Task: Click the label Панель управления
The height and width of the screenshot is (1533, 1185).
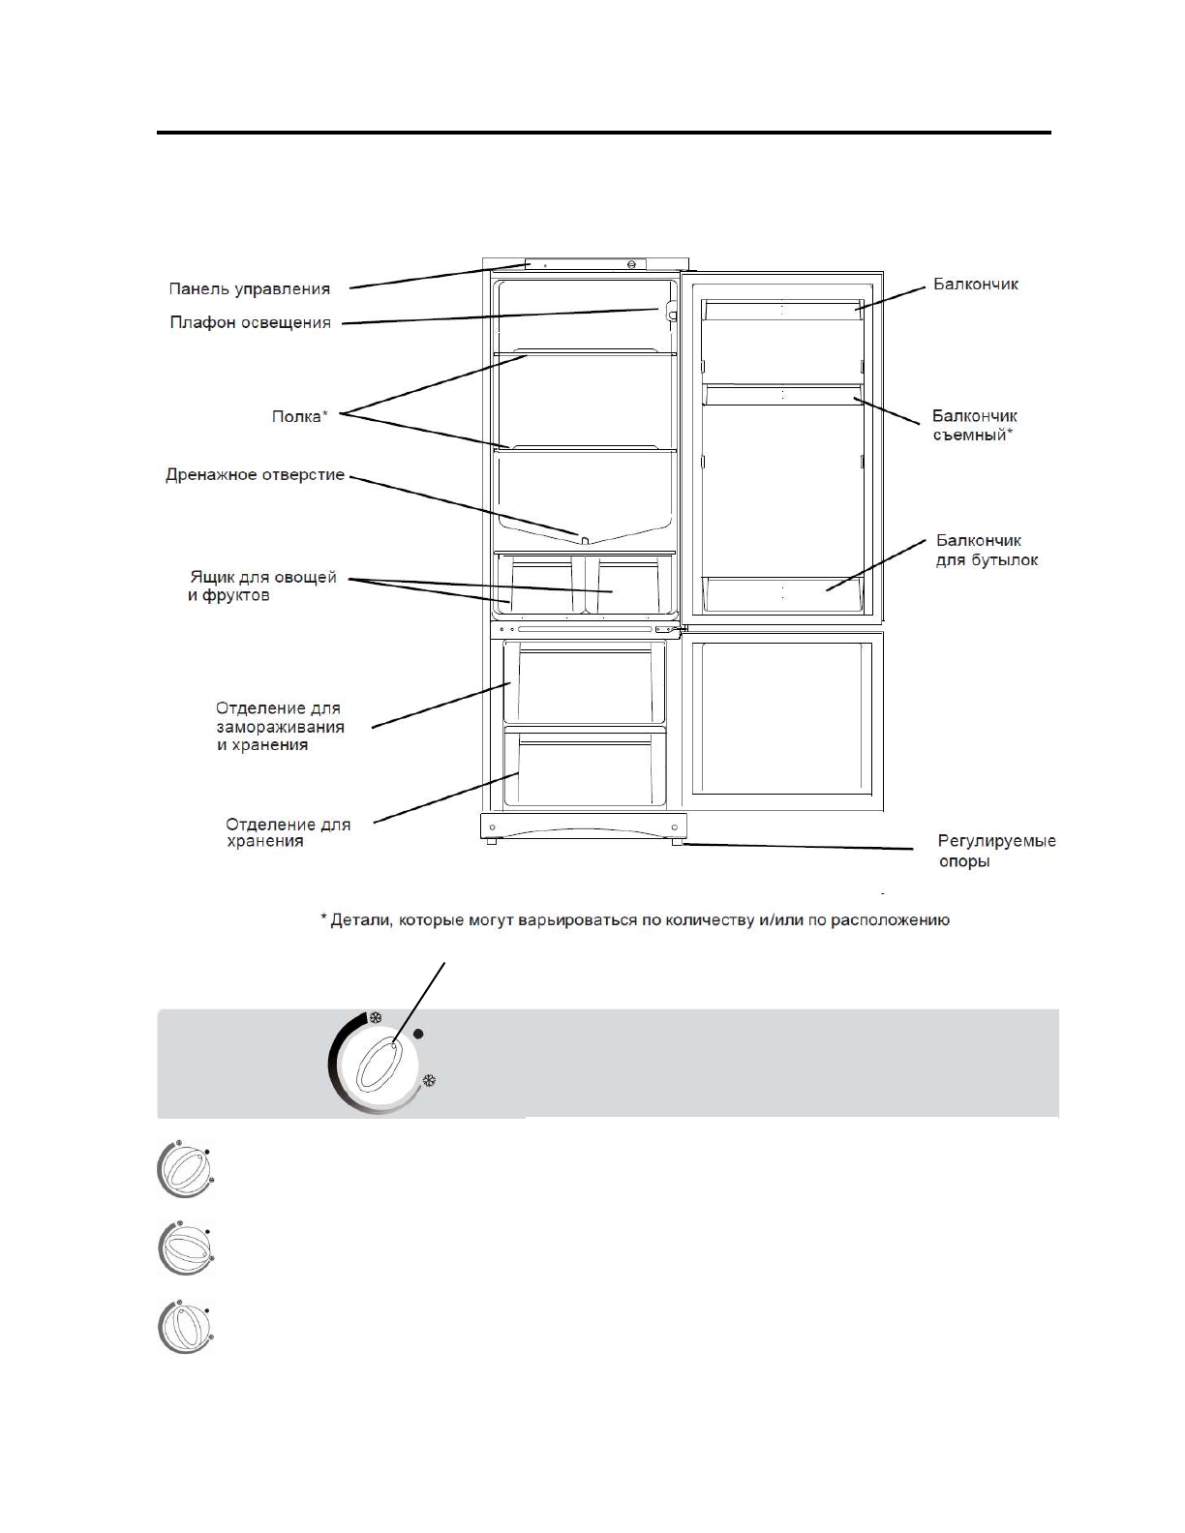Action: pyautogui.click(x=249, y=288)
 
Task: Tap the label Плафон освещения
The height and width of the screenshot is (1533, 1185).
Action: pyautogui.click(x=251, y=323)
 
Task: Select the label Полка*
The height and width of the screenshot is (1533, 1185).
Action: pyautogui.click(x=299, y=417)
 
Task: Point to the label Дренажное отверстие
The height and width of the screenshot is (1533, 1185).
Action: pyautogui.click(x=255, y=475)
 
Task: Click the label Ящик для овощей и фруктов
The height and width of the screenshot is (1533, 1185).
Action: pyautogui.click(x=261, y=586)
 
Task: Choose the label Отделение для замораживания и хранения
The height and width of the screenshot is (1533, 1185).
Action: pyautogui.click(x=279, y=727)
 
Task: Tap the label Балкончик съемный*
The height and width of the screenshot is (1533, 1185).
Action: pyautogui.click(x=975, y=425)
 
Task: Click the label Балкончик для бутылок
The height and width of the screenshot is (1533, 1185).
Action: pyautogui.click(x=987, y=550)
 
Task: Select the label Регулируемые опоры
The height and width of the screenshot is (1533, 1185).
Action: pyautogui.click(x=996, y=851)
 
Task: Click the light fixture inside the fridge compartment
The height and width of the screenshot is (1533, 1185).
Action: pyautogui.click(x=668, y=310)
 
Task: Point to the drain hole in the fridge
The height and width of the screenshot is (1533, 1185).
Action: pyautogui.click(x=584, y=539)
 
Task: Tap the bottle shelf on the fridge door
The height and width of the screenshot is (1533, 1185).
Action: pyautogui.click(x=781, y=593)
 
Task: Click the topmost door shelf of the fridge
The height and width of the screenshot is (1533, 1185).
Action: pyautogui.click(x=781, y=311)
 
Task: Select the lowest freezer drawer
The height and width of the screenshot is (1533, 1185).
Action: pyautogui.click(x=584, y=770)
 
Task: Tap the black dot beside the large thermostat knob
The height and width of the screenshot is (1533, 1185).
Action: pyautogui.click(x=419, y=1035)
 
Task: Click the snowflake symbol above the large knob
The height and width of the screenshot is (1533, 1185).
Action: pyautogui.click(x=376, y=1018)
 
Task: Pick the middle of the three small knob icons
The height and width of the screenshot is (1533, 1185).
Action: pyautogui.click(x=183, y=1249)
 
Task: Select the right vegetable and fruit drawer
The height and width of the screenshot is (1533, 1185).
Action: pyautogui.click(x=627, y=587)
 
